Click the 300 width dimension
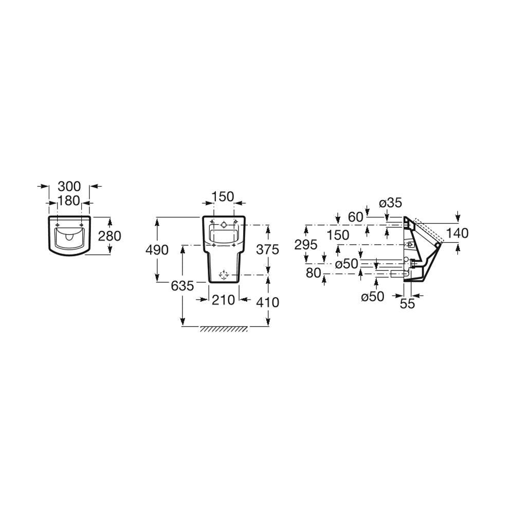click(69, 186)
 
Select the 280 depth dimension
click(110, 236)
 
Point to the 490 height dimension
click(157, 250)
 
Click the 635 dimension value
click(182, 286)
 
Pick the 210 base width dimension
click(223, 300)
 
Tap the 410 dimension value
click(267, 302)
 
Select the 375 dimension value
click(267, 249)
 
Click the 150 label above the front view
click(223, 197)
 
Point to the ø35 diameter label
click(391, 203)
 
